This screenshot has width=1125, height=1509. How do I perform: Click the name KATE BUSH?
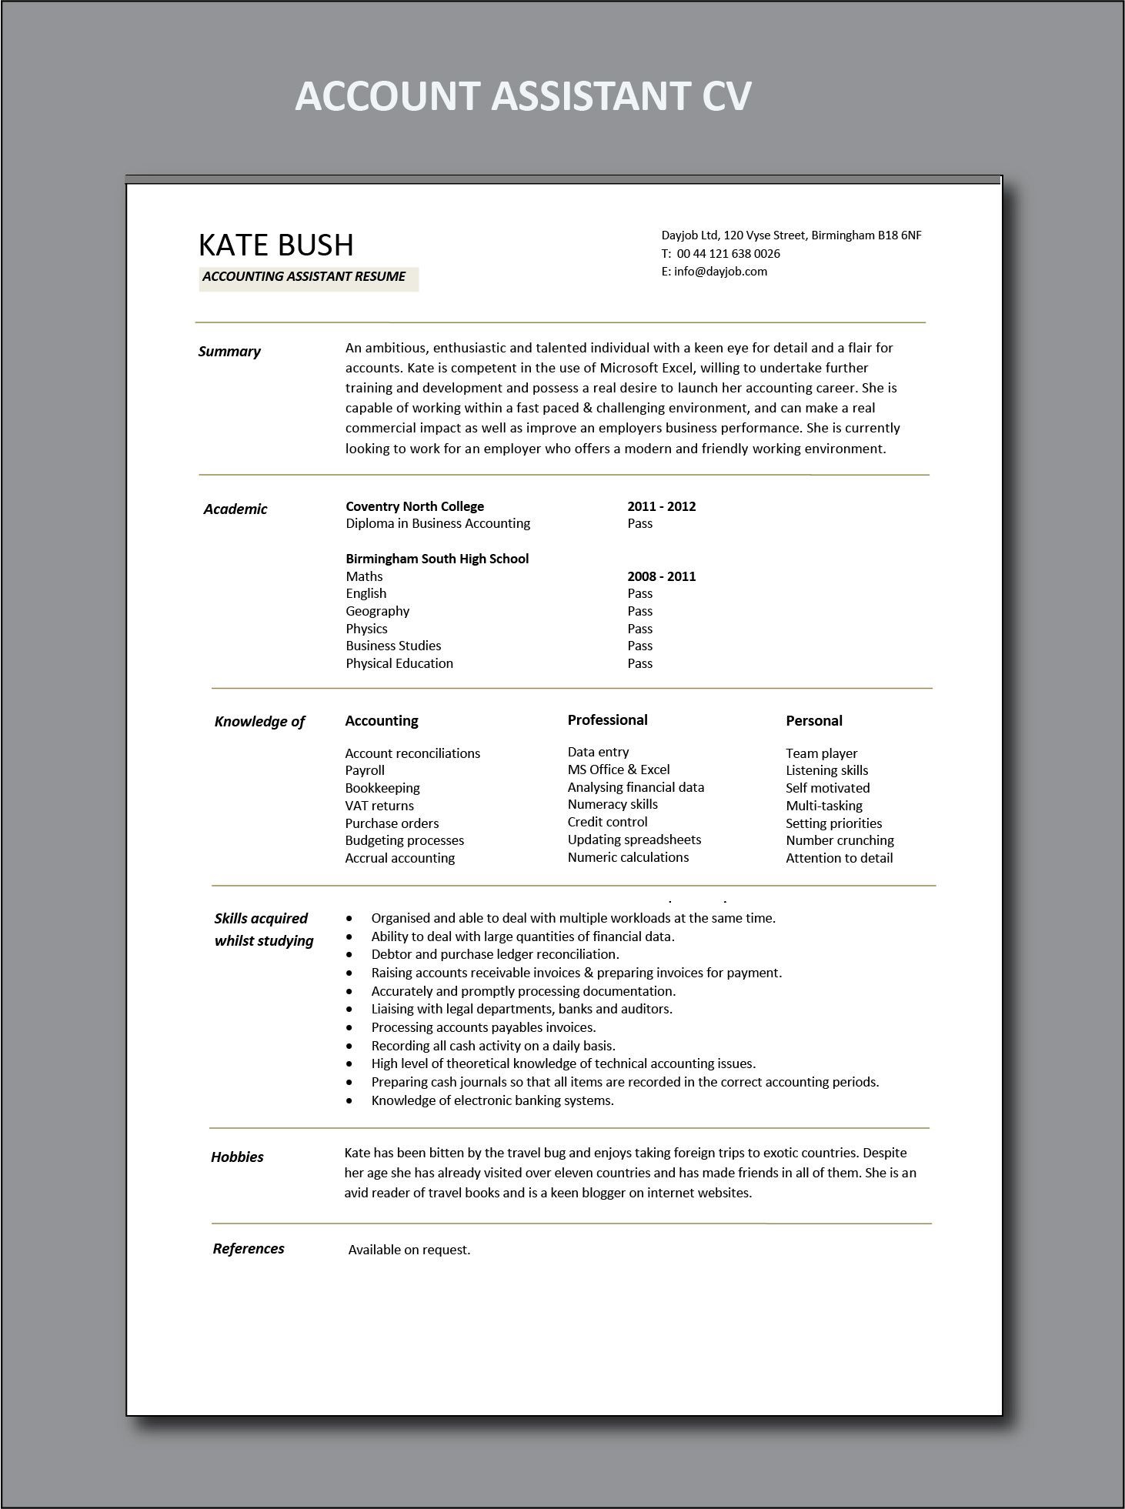276,245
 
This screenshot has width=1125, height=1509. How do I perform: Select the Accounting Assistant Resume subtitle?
304,277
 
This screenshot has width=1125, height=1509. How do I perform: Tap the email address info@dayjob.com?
720,272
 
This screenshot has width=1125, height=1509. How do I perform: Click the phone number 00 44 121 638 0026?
728,254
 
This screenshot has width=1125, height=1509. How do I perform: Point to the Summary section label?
229,352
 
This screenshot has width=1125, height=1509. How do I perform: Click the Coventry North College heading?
415,506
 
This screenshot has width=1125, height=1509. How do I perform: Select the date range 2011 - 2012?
661,506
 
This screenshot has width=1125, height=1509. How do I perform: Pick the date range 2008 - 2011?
661,576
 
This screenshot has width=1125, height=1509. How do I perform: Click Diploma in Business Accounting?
438,523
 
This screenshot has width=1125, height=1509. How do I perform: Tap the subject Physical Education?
399,663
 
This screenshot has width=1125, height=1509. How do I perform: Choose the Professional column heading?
607,720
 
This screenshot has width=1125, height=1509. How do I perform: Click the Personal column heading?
813,721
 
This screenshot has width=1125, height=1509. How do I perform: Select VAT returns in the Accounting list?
379,806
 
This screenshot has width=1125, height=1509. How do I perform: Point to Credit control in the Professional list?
607,822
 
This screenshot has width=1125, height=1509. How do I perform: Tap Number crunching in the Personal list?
840,840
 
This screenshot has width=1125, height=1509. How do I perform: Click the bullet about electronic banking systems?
492,1100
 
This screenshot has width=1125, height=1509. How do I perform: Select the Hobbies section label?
237,1157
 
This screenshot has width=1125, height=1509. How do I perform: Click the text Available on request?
409,1250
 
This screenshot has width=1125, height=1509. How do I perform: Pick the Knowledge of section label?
259,722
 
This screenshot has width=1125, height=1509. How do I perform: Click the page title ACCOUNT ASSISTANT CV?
522,97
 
